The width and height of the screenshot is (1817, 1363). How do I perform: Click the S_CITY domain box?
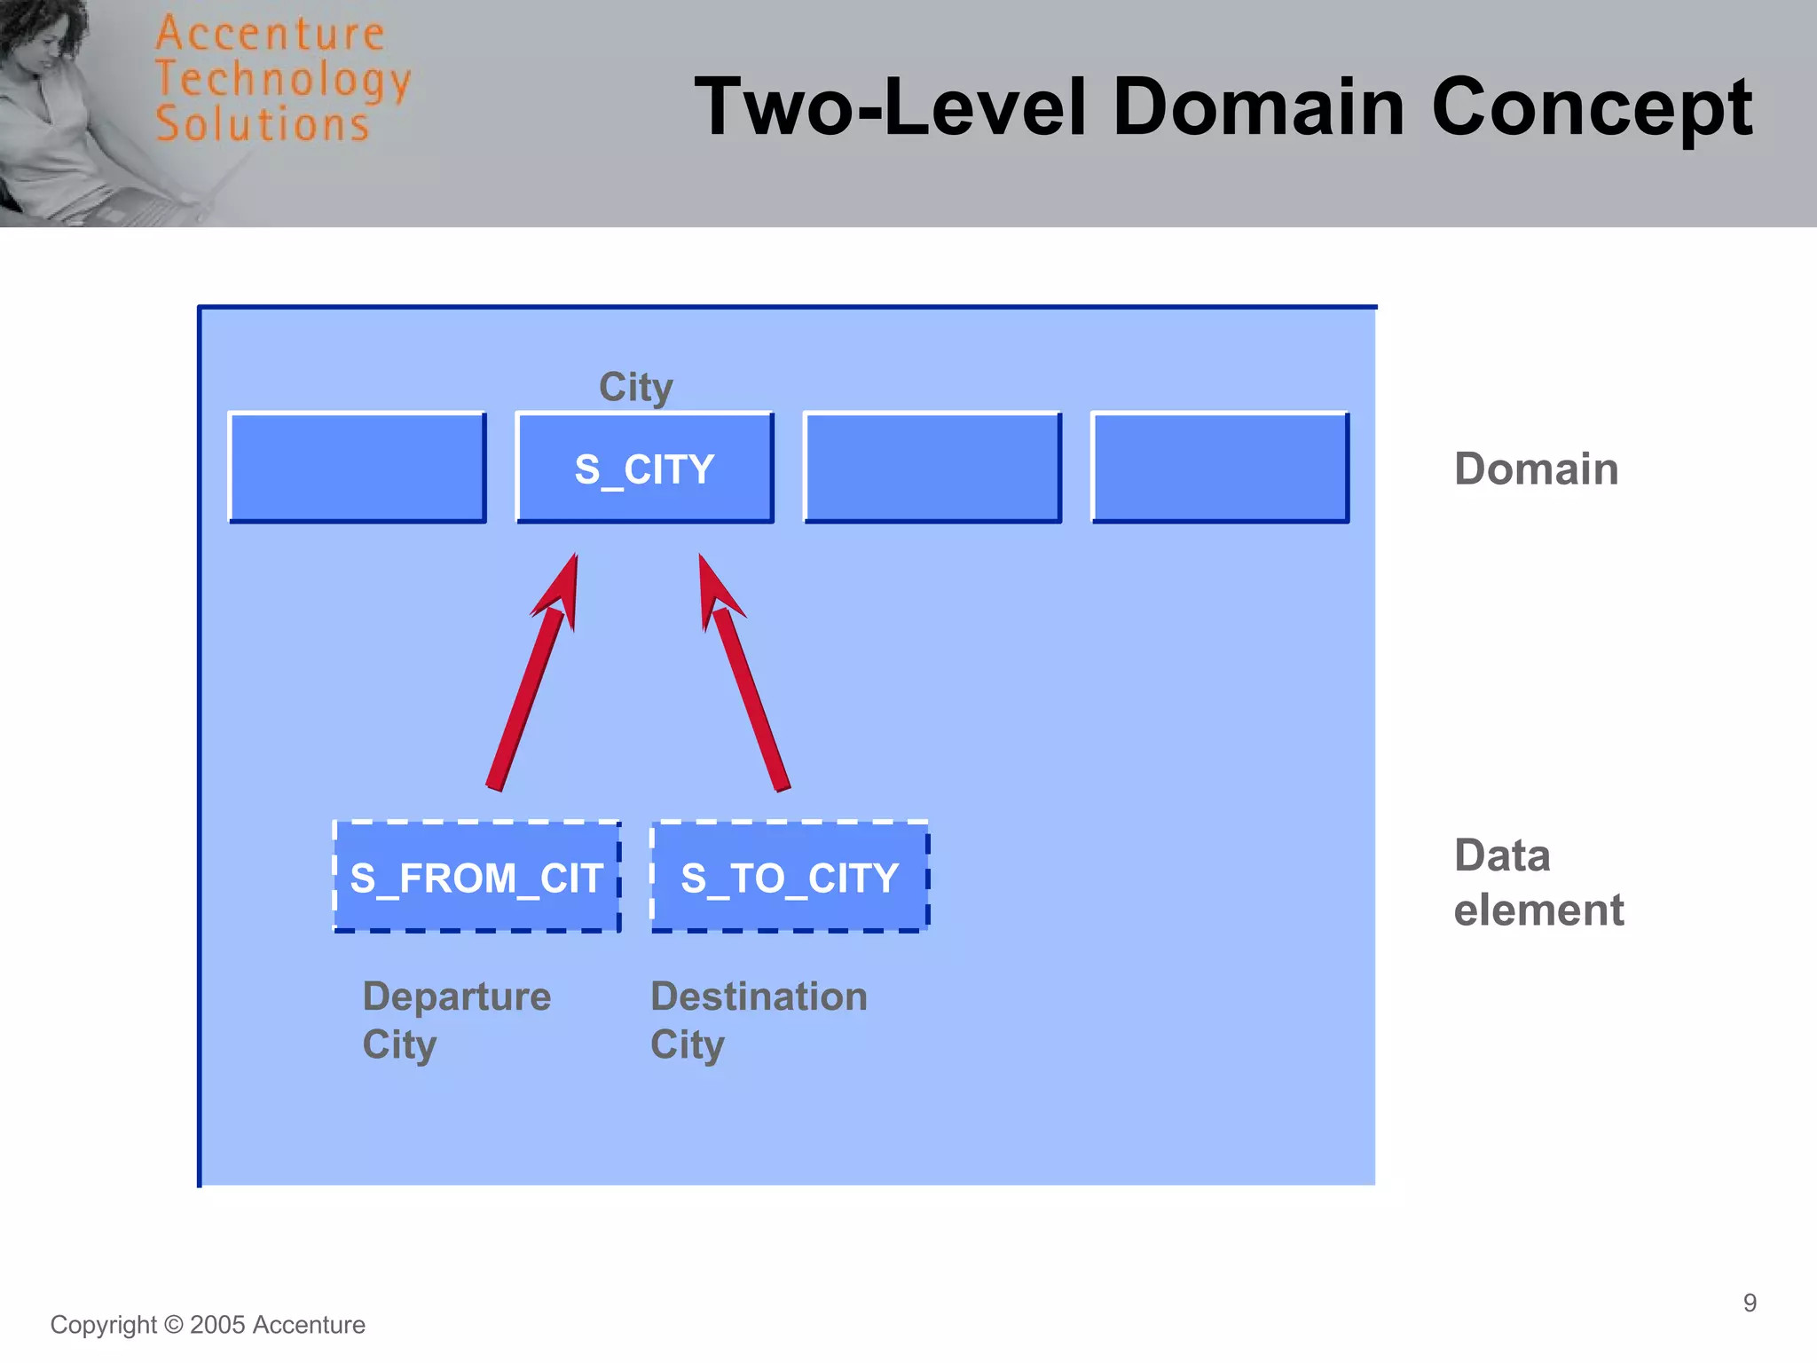[x=645, y=468]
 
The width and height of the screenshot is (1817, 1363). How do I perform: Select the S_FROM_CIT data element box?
[x=476, y=877]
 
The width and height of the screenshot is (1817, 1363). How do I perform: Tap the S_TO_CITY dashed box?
[x=790, y=877]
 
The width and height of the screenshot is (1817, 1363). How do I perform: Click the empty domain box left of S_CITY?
[x=358, y=468]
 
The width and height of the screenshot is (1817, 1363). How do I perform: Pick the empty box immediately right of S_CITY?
[x=932, y=468]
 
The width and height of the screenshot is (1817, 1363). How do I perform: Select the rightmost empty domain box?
[x=1220, y=468]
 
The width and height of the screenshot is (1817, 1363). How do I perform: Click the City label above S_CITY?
[x=636, y=387]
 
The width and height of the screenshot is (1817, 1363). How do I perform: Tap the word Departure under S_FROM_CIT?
[x=457, y=996]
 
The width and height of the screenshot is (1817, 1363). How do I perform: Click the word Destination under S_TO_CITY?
[x=759, y=996]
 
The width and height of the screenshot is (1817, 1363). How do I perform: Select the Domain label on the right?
[x=1536, y=469]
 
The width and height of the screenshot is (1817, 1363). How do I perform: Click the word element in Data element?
[x=1538, y=910]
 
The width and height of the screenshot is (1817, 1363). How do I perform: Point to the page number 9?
[x=1750, y=1303]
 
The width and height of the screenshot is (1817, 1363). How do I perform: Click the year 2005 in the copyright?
[x=217, y=1325]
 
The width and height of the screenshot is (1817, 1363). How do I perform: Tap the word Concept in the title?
[x=1592, y=106]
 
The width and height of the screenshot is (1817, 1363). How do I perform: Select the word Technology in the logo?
[x=282, y=80]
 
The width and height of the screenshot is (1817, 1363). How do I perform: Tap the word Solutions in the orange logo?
[x=262, y=124]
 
